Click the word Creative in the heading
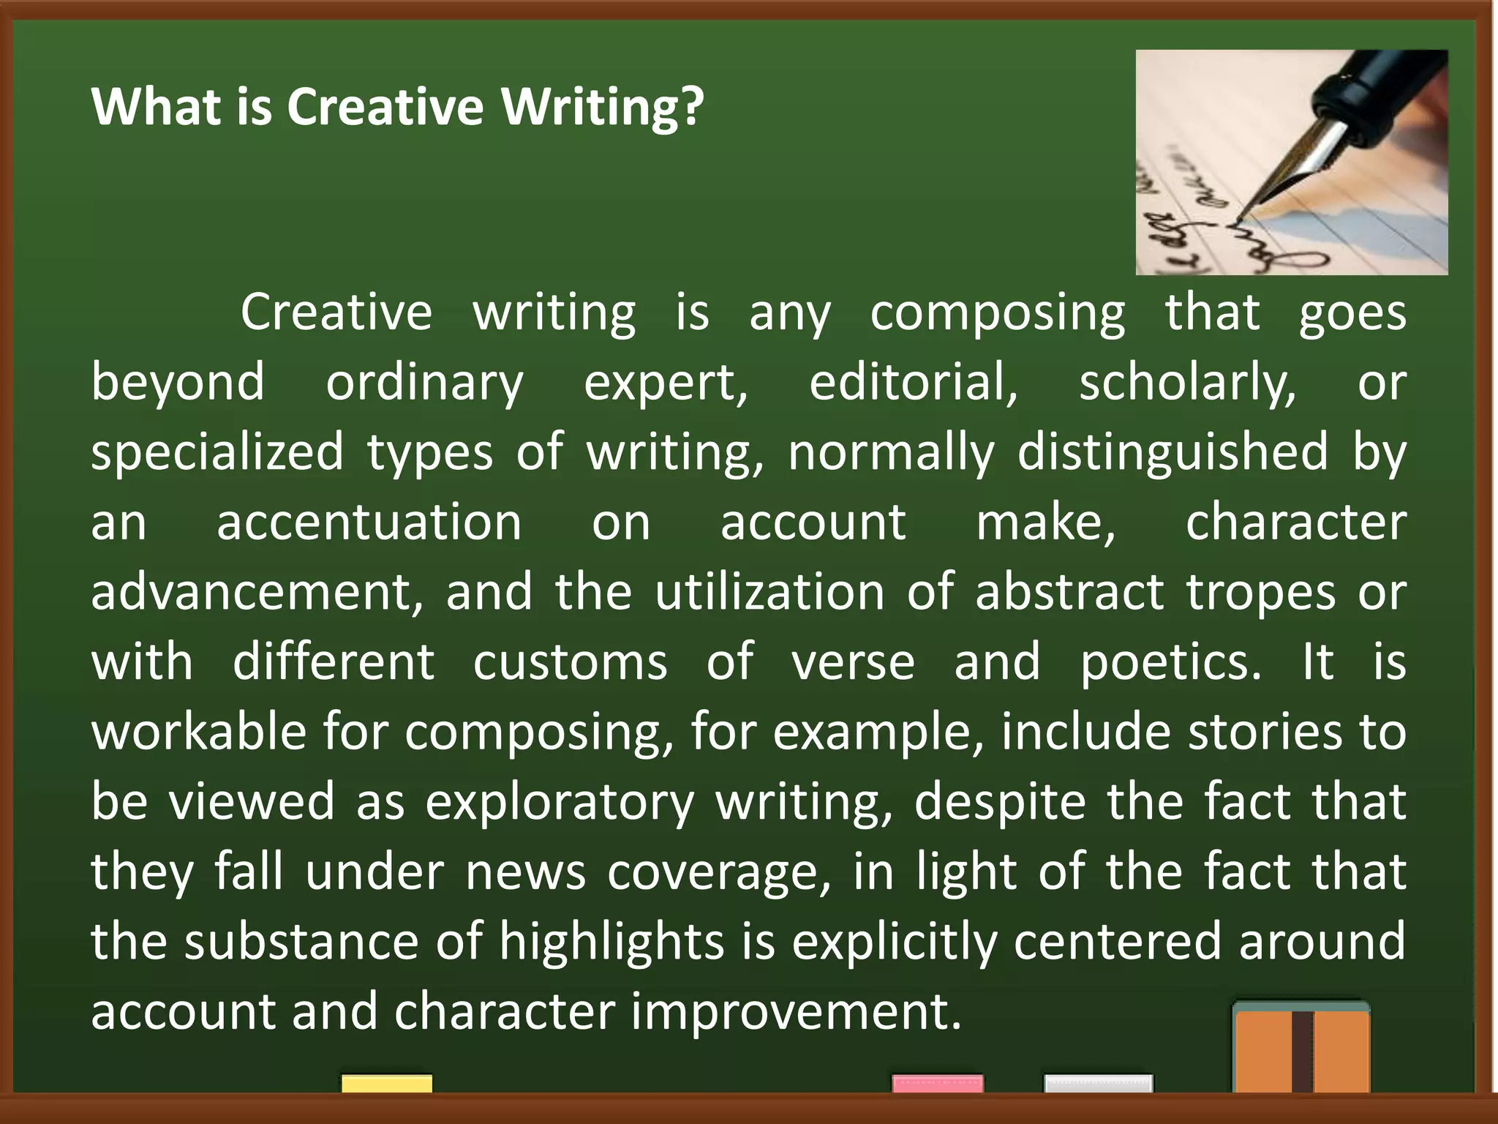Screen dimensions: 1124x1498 (x=385, y=107)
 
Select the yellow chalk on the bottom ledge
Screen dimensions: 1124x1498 (x=386, y=1083)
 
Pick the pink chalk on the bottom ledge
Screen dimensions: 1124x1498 (x=937, y=1083)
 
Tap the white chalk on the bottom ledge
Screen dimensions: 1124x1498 (x=1098, y=1083)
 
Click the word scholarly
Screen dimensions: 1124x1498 (x=1187, y=383)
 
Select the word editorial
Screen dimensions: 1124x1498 (x=913, y=383)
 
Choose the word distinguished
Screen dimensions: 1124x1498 (x=1173, y=452)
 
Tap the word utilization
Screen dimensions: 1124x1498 (x=769, y=592)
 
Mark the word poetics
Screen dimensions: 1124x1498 (x=1171, y=662)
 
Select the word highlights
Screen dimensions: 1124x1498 (x=611, y=942)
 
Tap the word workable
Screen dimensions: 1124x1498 (x=198, y=732)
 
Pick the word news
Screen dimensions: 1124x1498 (x=525, y=872)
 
